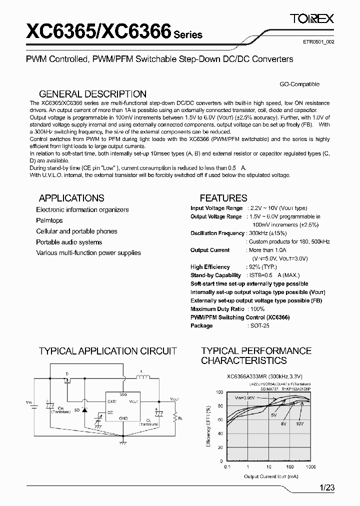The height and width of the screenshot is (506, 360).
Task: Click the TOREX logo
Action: (312, 19)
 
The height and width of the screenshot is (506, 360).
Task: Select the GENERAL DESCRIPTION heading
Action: (92, 94)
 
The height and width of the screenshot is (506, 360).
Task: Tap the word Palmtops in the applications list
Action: (49, 220)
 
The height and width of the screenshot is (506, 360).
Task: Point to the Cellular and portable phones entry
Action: (76, 231)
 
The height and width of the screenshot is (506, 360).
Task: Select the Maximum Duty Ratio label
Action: (217, 309)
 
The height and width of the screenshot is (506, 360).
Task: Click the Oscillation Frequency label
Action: (217, 233)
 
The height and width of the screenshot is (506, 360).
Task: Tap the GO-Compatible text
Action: (299, 84)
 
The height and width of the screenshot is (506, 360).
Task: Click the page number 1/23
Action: (326, 488)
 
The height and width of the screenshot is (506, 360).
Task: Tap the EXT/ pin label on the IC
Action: (111, 401)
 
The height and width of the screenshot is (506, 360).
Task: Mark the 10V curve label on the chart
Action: (299, 423)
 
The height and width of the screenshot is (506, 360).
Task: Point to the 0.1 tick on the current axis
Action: (227, 466)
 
